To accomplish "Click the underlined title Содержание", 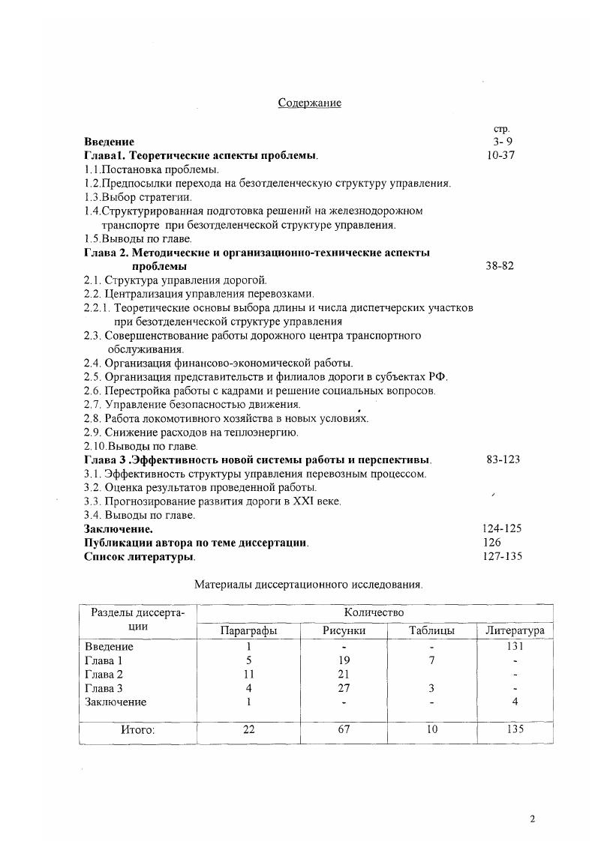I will tap(309, 103).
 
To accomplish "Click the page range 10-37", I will tap(500, 155).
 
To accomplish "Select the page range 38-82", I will tap(499, 266).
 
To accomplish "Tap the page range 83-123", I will tap(503, 459).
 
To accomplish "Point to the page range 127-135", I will tap(503, 556).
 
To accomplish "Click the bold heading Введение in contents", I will tap(109, 142).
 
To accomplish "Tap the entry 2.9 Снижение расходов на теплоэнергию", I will tap(191, 432).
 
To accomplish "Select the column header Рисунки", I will tap(344, 631).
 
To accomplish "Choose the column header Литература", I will tap(515, 631).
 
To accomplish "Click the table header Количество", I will tap(373, 613).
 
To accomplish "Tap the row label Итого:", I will tap(137, 729).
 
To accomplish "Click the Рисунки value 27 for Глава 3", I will tap(344, 689).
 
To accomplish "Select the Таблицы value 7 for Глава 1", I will tap(431, 660).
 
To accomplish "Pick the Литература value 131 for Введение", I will tap(515, 646).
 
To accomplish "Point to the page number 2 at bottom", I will tap(532, 819).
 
